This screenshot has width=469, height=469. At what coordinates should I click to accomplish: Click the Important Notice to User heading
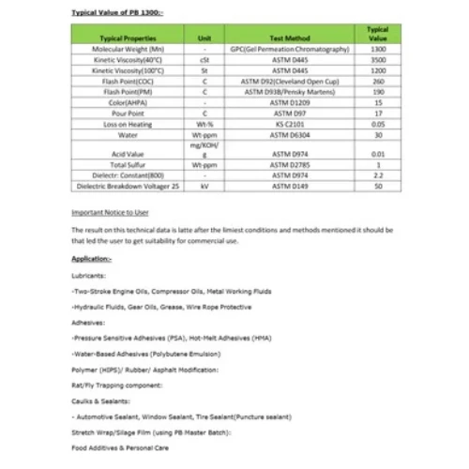pyautogui.click(x=111, y=213)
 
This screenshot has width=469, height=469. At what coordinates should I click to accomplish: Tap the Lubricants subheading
pyautogui.click(x=88, y=276)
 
